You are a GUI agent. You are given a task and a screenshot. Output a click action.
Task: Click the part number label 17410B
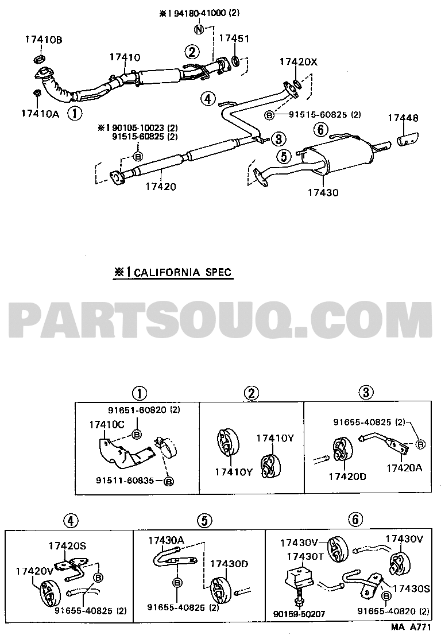(44, 40)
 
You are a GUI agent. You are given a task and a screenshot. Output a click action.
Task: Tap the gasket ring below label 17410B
(38, 59)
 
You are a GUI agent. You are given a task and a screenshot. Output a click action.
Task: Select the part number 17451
(234, 38)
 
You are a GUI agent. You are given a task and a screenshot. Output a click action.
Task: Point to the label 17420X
(299, 62)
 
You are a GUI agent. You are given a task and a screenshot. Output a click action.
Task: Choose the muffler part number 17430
(323, 192)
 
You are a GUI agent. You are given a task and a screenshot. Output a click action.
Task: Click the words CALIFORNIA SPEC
(183, 272)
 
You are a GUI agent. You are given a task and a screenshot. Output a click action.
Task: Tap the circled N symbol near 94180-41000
(199, 29)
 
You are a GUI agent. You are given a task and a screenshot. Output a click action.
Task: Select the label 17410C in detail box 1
(107, 425)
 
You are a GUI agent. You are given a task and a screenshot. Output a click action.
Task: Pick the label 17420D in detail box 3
(347, 476)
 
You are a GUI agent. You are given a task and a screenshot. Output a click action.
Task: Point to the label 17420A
(404, 467)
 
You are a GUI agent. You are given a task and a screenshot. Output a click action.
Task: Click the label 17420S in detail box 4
(67, 546)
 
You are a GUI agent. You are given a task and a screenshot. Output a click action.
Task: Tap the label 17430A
(166, 540)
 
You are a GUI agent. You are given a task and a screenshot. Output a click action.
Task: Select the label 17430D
(229, 564)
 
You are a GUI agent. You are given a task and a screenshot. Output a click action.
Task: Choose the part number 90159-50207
(299, 614)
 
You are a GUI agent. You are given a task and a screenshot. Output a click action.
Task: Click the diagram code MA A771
(411, 627)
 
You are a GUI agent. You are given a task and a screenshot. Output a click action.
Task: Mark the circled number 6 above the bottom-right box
(355, 520)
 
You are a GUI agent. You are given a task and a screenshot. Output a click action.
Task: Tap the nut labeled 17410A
(37, 93)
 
